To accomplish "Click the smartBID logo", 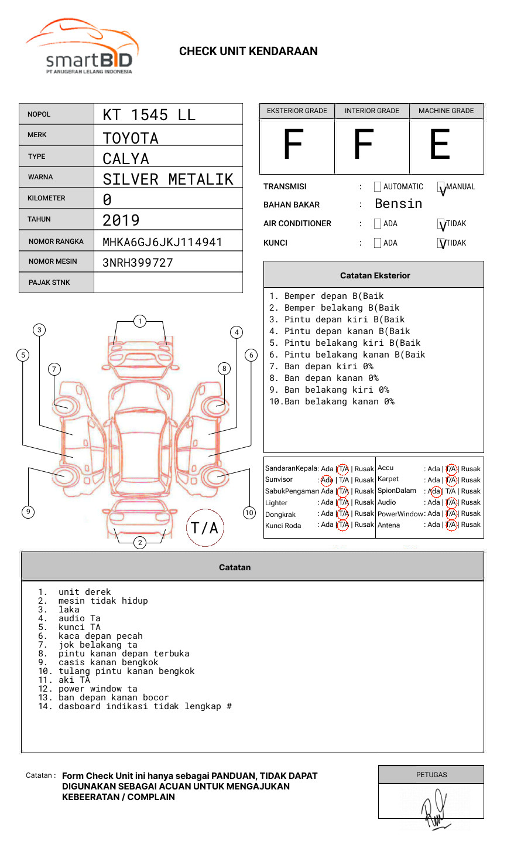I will point(82,47).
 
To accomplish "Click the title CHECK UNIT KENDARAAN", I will point(248,52).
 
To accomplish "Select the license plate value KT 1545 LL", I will point(149,115).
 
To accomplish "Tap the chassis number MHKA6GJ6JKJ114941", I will point(162,242).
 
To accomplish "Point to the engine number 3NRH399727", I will point(138,263).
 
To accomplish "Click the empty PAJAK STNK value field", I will point(168,282).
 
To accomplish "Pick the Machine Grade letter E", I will point(440,145).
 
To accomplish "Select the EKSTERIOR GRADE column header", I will point(297,111).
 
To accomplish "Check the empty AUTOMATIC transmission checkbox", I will point(378,187).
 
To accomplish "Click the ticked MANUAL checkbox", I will point(441,188).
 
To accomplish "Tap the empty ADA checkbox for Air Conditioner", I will point(378,224).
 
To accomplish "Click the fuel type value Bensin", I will point(398,204).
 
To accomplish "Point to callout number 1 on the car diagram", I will point(139,321).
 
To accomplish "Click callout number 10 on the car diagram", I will point(249,513).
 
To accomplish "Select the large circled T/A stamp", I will point(204,528).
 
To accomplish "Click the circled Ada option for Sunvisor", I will point(327,480).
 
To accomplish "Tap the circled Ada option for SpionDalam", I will point(435,491).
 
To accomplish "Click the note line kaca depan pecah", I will point(100,636).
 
